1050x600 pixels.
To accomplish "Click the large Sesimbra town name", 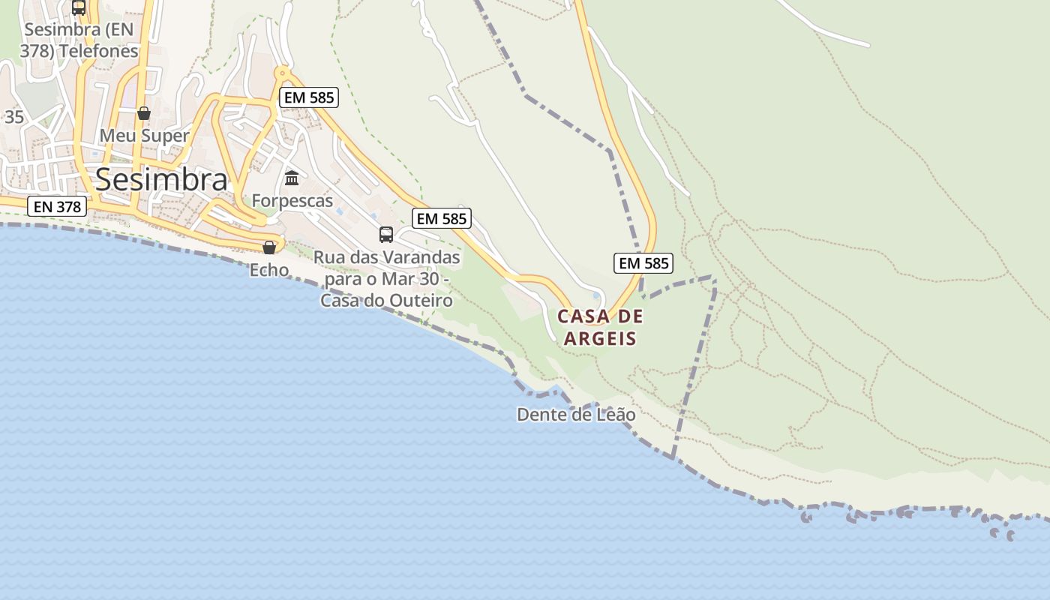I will coord(161,180).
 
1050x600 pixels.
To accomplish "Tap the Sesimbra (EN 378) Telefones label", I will coord(82,40).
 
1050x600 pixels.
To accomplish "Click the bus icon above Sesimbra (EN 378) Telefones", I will coord(79,7).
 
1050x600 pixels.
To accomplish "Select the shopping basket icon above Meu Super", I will coord(144,113).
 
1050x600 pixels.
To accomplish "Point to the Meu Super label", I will coord(144,136).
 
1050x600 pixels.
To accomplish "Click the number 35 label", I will coord(14,117).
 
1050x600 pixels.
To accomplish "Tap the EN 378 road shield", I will coord(57,206).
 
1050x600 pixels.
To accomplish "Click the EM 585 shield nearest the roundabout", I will coord(308,97).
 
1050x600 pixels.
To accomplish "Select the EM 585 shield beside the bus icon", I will coord(442,218).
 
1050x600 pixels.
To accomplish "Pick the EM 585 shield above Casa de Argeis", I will coord(643,263).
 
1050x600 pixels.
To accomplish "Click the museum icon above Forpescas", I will coord(292,178).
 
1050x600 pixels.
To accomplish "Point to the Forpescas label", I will coord(292,201).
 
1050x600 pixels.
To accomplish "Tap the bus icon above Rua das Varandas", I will coord(386,234).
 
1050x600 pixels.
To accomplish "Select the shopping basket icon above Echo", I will coord(269,247).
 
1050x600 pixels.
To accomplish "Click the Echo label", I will coord(269,269).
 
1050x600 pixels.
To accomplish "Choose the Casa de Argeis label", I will coord(600,327).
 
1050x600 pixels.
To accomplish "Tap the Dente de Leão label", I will coord(576,414).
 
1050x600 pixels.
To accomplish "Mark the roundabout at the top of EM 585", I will coord(283,73).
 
